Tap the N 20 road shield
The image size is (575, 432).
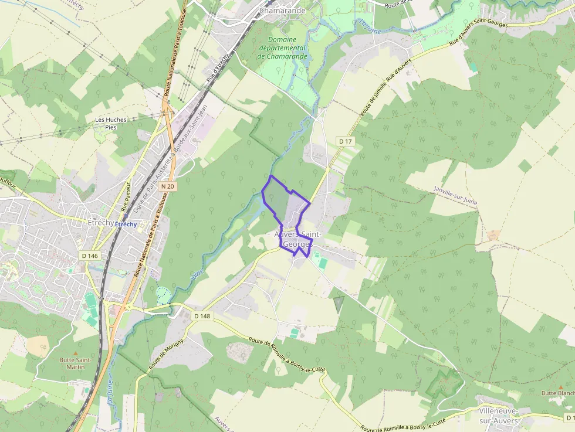[x=167, y=186]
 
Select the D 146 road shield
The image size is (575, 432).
[x=89, y=256]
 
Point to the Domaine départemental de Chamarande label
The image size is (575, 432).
[x=283, y=47]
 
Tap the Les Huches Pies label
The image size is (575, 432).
[x=111, y=123]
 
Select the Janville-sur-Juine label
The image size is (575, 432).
[x=455, y=196]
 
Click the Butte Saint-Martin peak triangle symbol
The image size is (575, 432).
[x=75, y=353]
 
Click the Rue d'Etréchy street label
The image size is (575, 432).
[x=217, y=68]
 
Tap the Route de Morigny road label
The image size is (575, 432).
[x=166, y=353]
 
